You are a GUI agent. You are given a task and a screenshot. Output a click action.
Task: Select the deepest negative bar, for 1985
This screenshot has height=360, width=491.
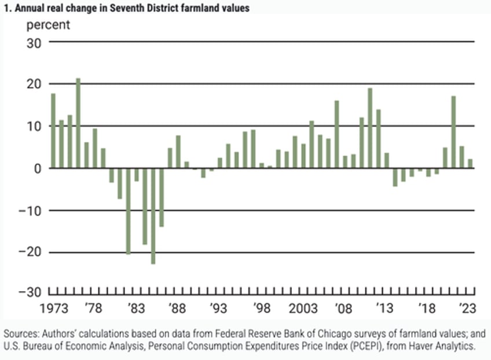click(153, 216)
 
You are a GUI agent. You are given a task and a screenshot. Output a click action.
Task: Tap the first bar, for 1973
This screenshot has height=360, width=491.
click(53, 131)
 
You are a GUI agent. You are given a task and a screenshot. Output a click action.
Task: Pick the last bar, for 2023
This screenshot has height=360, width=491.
click(470, 164)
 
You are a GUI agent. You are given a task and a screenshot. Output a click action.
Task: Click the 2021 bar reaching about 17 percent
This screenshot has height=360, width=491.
click(453, 132)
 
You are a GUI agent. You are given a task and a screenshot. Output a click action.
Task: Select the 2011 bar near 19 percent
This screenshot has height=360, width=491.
click(370, 128)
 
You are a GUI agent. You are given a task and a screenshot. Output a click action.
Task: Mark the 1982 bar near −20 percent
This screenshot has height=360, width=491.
click(128, 211)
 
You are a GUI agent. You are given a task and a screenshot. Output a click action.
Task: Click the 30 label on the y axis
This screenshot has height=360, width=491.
click(35, 42)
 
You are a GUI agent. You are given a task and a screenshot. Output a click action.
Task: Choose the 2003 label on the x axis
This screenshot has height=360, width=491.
click(303, 307)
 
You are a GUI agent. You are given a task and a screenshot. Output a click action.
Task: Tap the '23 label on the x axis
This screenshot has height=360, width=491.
click(467, 307)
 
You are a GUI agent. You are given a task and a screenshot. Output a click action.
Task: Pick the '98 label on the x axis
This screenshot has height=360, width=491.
click(261, 307)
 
